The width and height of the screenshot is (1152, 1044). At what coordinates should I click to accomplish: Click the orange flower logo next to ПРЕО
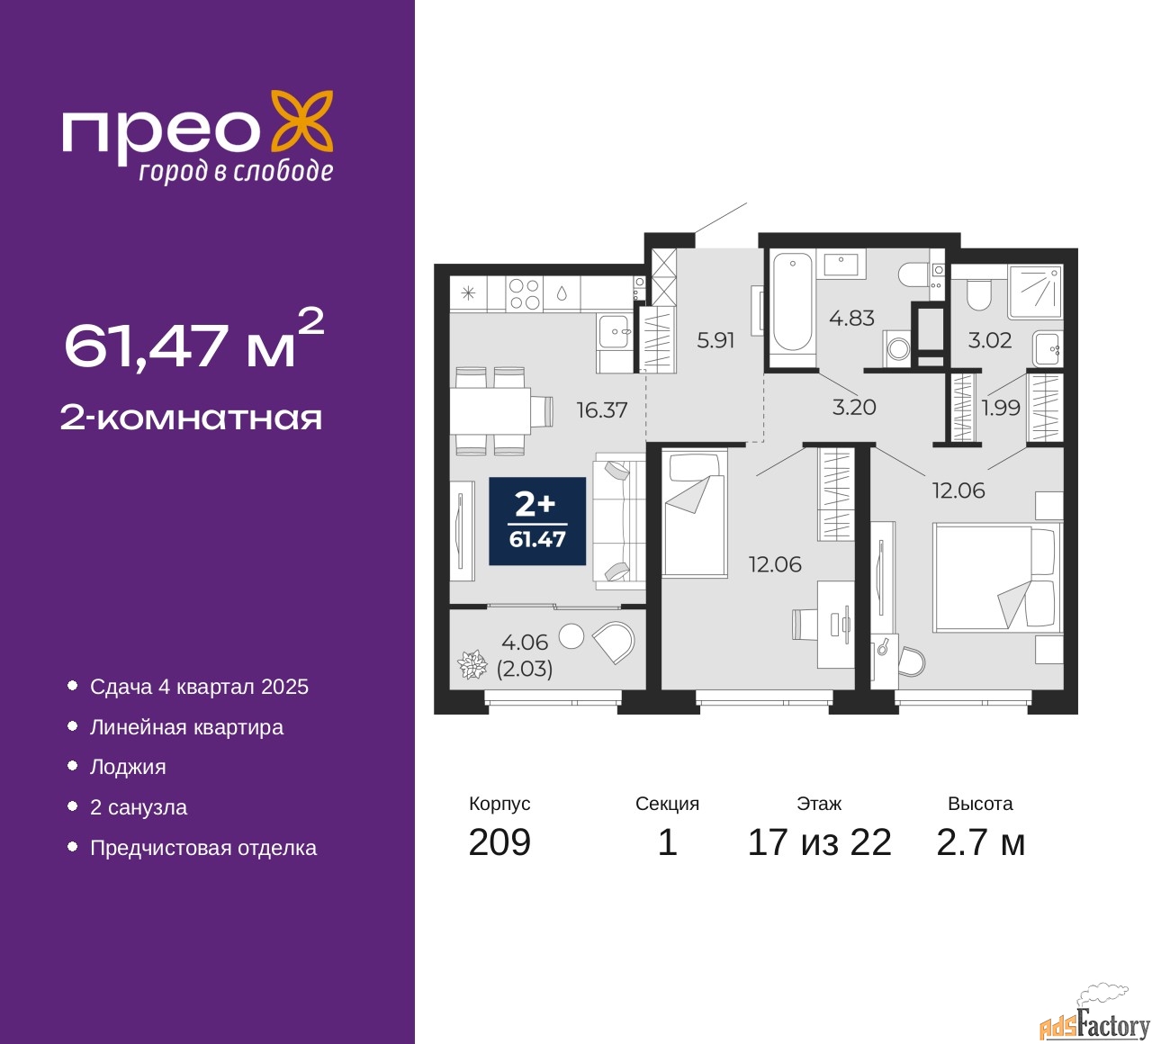pos(302,121)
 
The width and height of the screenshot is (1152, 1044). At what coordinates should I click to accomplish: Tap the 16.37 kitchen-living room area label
pos(601,410)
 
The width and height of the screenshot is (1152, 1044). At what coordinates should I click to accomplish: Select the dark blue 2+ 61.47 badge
pos(537,521)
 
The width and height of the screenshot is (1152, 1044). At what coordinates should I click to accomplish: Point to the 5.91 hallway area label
pos(715,340)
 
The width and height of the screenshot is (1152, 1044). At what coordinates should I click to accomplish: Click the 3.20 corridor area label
pos(853,408)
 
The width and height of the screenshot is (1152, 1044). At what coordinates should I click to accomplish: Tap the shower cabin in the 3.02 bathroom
pos(1035,292)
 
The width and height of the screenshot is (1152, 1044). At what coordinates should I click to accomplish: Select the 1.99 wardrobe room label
pos(1001,408)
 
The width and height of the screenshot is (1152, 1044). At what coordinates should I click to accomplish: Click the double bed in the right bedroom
pos(995,577)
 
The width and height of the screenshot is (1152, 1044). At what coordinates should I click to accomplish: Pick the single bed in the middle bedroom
pos(694,514)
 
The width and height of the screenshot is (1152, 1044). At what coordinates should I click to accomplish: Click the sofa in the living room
pos(619,521)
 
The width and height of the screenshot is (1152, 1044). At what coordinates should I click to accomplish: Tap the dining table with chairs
pos(490,410)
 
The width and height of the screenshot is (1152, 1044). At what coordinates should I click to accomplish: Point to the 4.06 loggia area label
pos(525,643)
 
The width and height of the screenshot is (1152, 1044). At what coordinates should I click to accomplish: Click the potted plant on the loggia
pos(472,665)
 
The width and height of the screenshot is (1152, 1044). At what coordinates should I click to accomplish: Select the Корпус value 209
pos(499,842)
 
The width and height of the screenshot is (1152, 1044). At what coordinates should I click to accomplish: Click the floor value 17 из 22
pos(819,842)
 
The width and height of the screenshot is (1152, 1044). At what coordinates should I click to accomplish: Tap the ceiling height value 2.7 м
pos(980,842)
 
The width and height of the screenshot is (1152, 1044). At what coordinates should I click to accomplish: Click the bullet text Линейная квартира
pos(186,727)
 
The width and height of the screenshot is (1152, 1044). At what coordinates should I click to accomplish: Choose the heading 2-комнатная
pos(191,418)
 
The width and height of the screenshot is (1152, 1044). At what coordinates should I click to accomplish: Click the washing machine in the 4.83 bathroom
pos(897,347)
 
